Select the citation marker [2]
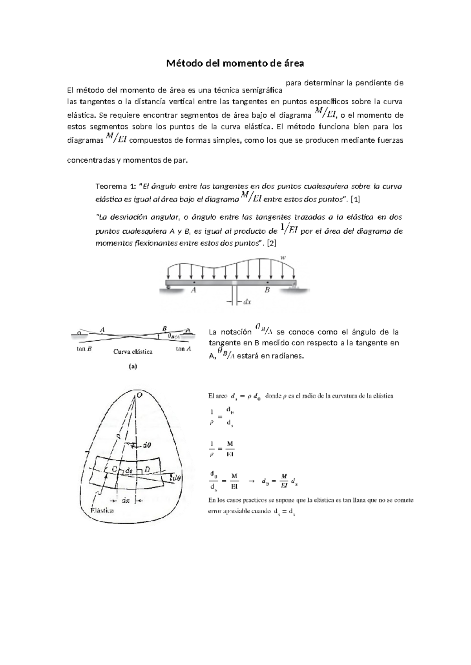pos(271,243)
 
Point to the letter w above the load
pos(283,258)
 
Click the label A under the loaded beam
pos(194,291)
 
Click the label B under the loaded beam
pos(267,291)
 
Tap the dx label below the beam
pos(247,302)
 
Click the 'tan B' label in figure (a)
pos(84,349)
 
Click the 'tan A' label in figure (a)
pos(183,349)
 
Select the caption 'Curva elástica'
pos(133,352)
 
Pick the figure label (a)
pos(133,367)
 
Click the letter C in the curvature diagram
pos(114,469)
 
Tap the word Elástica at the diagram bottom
pos(102,511)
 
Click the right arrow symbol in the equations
pos(252,480)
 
